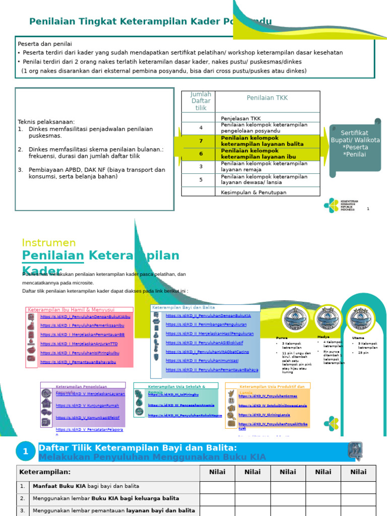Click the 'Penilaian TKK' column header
(267, 98)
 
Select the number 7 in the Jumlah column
(201, 141)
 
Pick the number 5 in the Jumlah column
(201, 179)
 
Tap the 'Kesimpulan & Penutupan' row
(253, 192)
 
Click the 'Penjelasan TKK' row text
(241, 118)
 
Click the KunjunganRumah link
(87, 405)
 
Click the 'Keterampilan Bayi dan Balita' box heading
(183, 307)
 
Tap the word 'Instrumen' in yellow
(49, 243)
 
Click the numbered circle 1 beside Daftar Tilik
(25, 451)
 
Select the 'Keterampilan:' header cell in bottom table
(45, 472)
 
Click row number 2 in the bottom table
(22, 498)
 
